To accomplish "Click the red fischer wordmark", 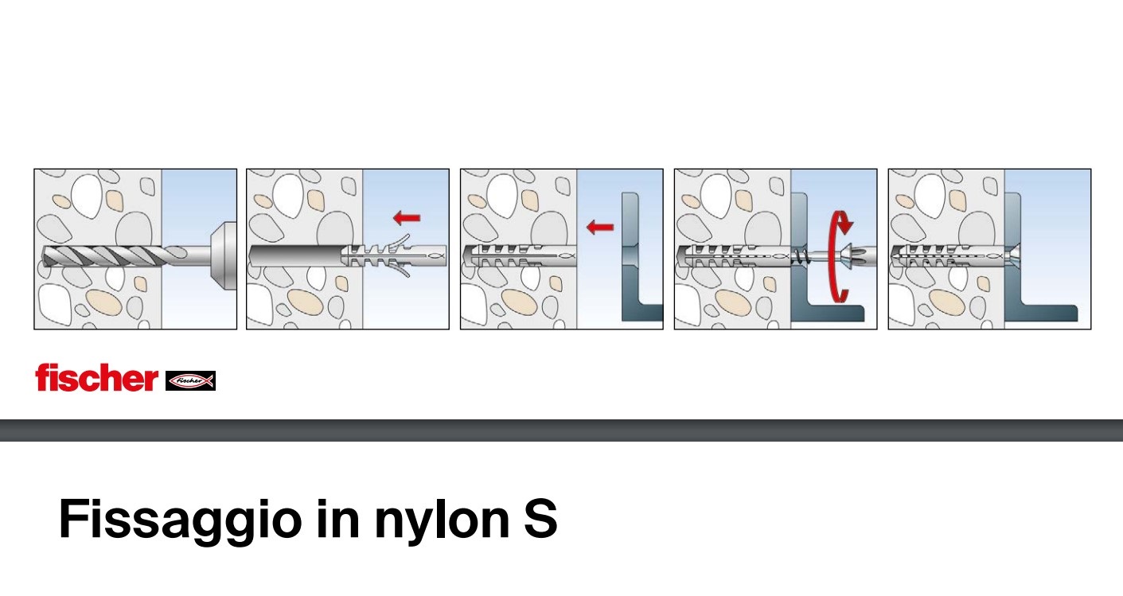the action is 96,378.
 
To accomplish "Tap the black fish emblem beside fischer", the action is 190,381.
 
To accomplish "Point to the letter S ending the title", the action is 540,518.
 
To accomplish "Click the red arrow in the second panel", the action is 407,217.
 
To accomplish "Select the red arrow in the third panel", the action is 599,228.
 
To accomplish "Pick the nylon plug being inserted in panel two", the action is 394,256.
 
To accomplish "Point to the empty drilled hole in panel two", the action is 296,256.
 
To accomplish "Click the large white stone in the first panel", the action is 87,196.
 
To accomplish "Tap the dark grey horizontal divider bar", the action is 562,430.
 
